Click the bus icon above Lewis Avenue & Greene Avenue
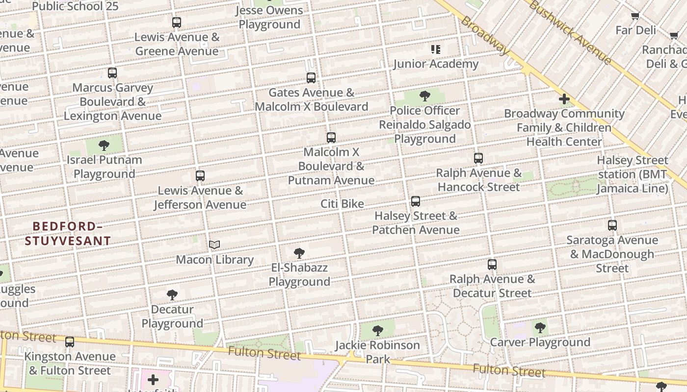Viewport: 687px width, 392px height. pos(177,23)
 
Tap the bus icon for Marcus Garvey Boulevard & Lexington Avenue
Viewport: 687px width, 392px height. pos(112,73)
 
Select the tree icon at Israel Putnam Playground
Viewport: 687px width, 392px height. pos(104,145)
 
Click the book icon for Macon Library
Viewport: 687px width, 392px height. pos(214,245)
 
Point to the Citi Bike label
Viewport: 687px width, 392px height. pos(342,204)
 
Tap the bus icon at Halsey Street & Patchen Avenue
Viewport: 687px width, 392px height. pos(416,201)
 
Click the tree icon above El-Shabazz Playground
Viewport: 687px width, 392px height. pos(299,253)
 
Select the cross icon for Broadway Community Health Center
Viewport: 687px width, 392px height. pos(564,99)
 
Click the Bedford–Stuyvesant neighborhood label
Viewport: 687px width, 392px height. pos(68,233)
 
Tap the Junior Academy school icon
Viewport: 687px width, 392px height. pos(436,49)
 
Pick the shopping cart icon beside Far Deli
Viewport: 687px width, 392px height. pos(635,16)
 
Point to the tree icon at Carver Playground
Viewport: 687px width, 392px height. pos(540,327)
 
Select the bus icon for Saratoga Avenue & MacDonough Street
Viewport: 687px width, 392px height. pos(612,225)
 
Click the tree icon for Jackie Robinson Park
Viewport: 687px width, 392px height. pos(377,330)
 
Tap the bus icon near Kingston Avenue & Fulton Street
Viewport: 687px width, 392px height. pos(70,342)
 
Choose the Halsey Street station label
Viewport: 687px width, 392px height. pos(632,174)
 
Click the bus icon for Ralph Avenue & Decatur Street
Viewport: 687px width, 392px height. pos(492,265)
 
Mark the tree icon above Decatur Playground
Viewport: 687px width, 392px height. pos(172,295)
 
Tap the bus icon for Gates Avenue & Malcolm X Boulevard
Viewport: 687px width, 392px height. pos(311,78)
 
